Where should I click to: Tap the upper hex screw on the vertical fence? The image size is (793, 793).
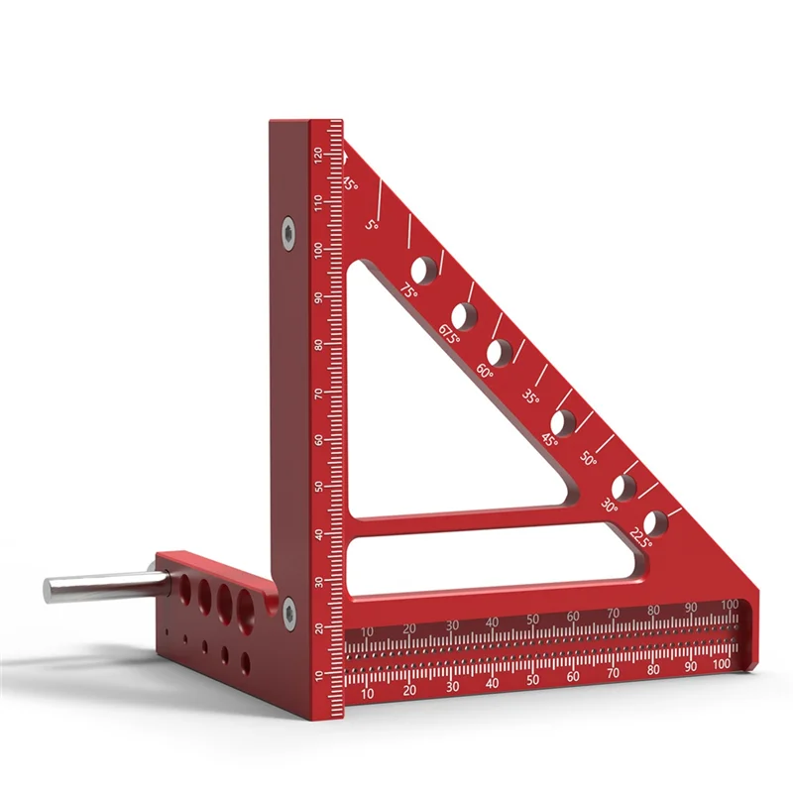(286, 231)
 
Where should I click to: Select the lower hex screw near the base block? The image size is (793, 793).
(288, 612)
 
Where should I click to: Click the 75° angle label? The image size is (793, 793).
(409, 290)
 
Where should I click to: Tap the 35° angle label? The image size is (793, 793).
(531, 397)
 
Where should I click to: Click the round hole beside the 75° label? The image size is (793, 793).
(424, 268)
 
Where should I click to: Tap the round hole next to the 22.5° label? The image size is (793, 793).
(655, 522)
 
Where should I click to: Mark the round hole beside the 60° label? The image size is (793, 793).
(499, 351)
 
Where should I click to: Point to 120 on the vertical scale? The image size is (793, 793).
(317, 155)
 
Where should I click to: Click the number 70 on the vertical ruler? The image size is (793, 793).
(317, 393)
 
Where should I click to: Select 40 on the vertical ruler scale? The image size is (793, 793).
(318, 534)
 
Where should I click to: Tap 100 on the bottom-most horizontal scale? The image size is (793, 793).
(722, 664)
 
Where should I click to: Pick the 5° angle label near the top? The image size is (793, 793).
(372, 226)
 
